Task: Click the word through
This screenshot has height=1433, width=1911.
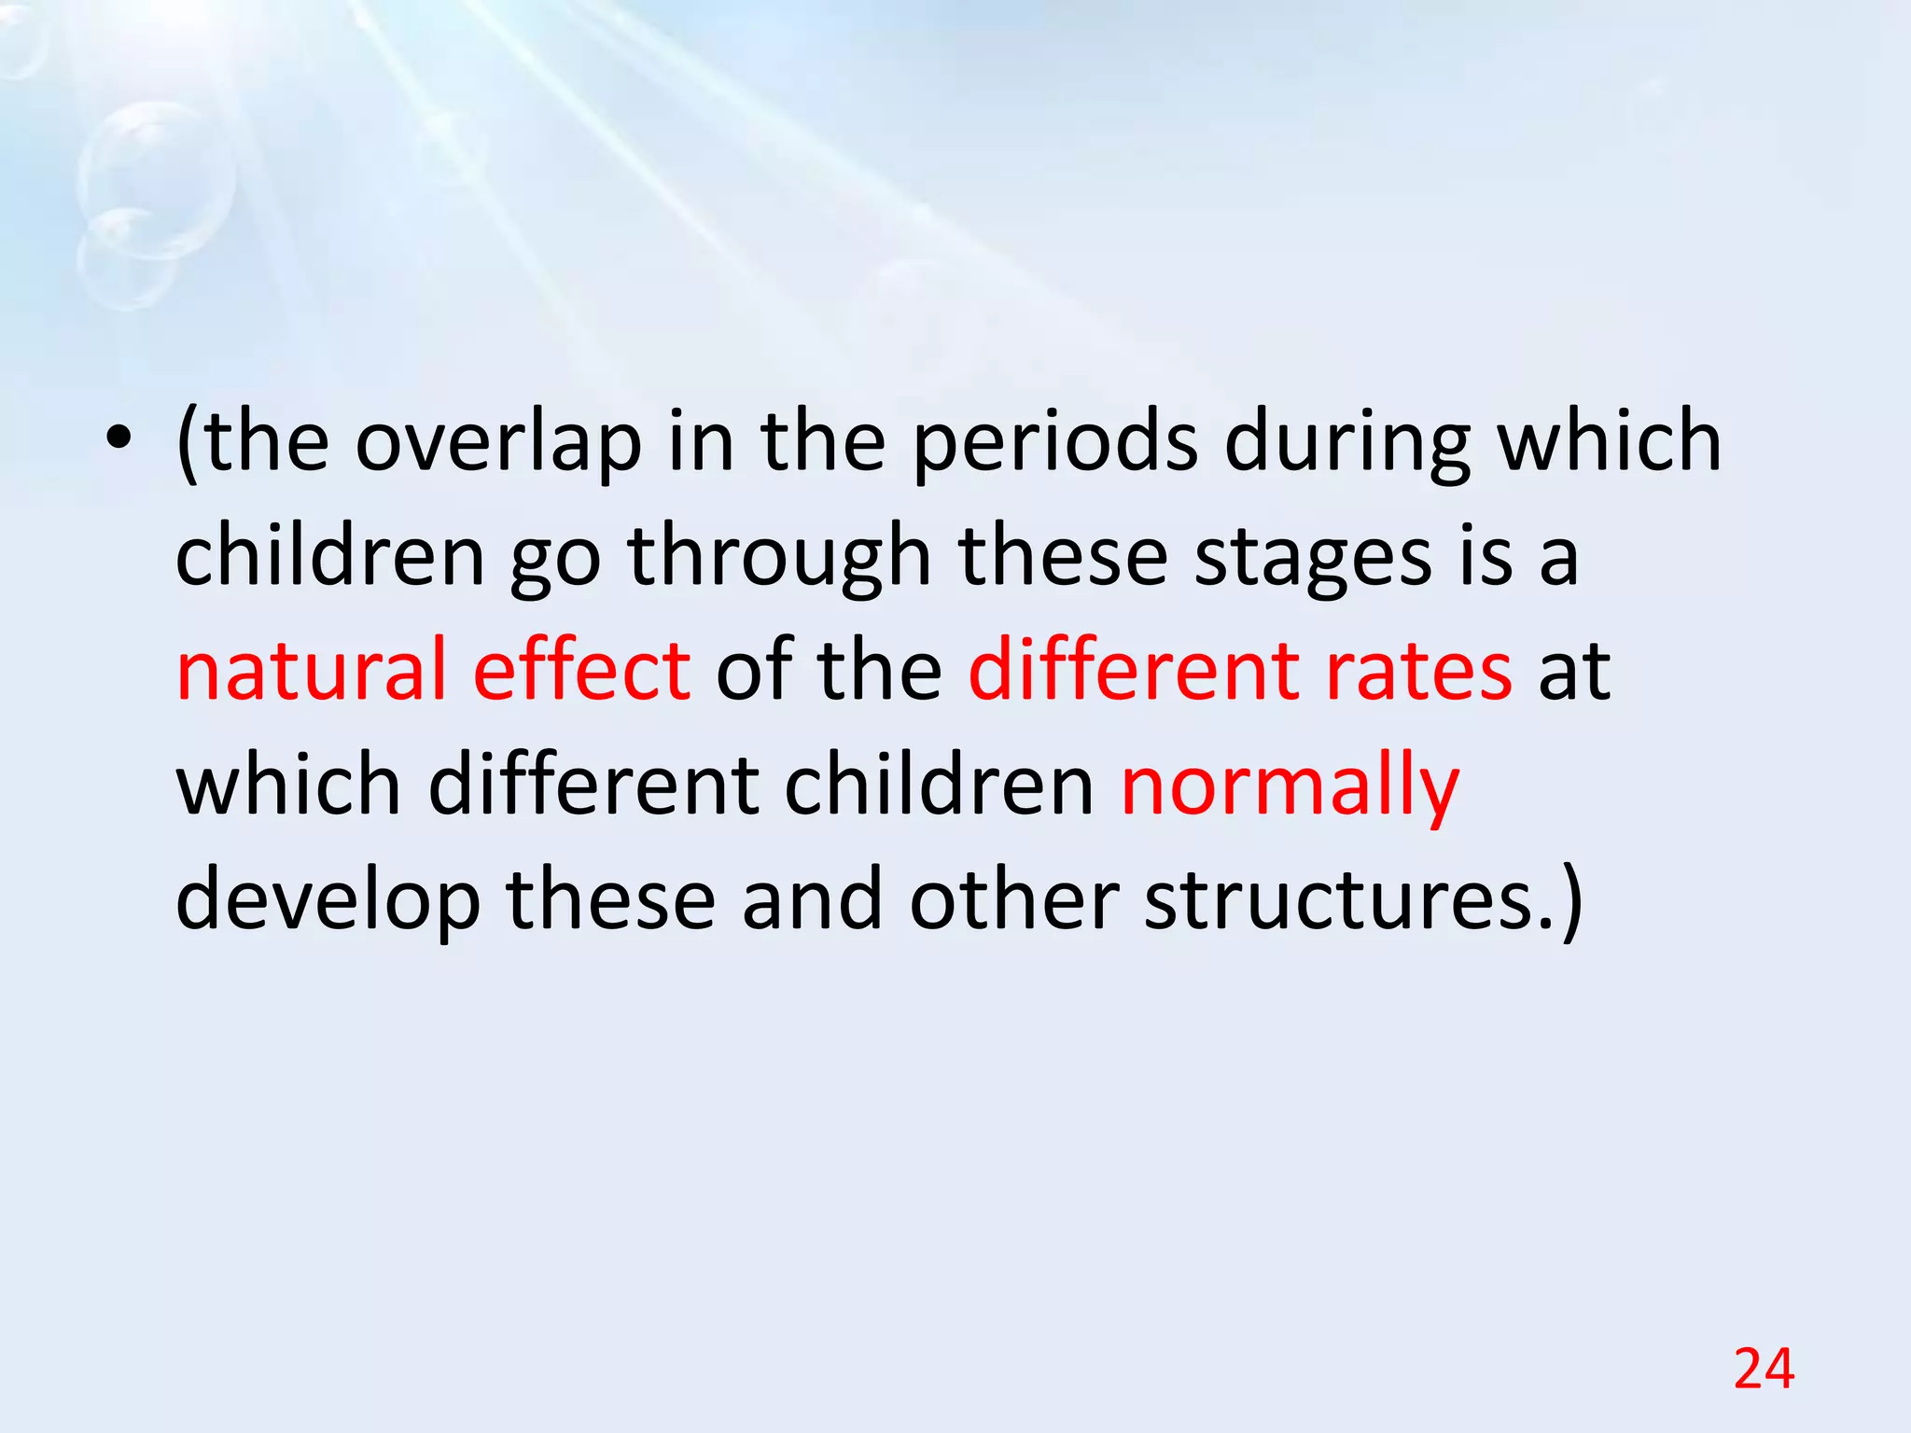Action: (x=779, y=557)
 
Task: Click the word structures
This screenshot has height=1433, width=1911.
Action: (x=1351, y=900)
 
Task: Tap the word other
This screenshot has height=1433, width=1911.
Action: (x=1014, y=900)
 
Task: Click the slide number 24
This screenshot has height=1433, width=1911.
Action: (x=1764, y=1370)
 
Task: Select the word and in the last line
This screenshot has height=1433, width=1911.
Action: (x=812, y=900)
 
